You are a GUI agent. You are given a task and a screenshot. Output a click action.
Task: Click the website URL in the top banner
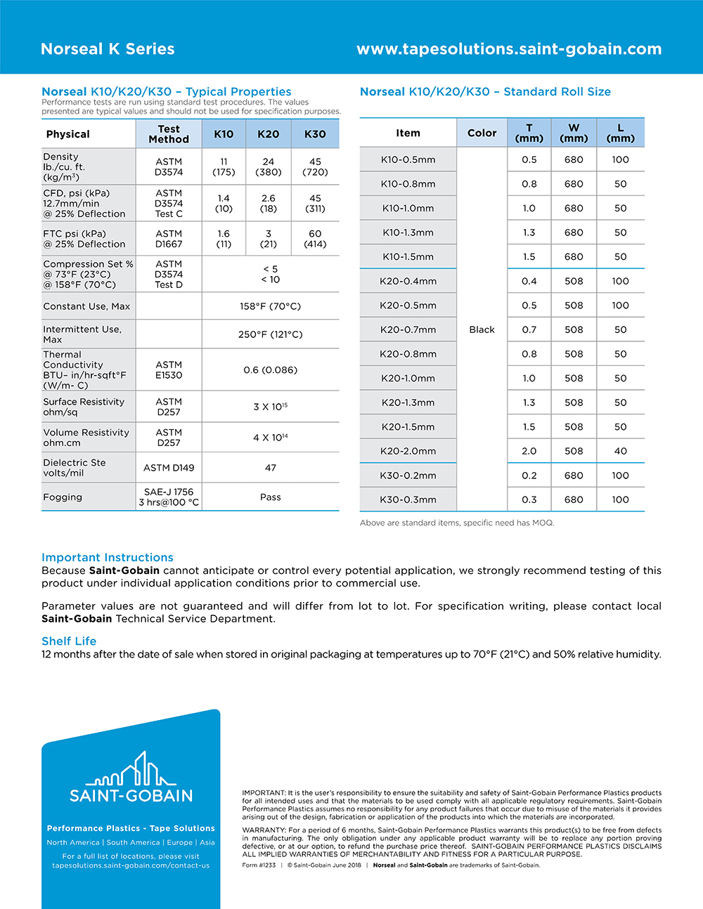[x=509, y=49]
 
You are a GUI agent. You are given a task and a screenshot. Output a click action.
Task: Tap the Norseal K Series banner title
[x=108, y=49]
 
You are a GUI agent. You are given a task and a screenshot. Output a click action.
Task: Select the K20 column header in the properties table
[x=269, y=134]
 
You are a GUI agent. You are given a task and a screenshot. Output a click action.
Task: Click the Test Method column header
[x=169, y=134]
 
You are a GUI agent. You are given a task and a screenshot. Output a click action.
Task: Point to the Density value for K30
[x=315, y=166]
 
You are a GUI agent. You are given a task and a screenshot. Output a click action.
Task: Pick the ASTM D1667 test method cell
[x=169, y=239]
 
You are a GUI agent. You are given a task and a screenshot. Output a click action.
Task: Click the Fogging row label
[x=63, y=497]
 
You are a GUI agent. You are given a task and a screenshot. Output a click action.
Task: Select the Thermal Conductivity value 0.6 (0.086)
[x=271, y=370]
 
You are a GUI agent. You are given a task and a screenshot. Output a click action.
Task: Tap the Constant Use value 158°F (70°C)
[x=271, y=306]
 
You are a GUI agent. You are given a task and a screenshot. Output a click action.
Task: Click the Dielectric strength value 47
[x=271, y=468]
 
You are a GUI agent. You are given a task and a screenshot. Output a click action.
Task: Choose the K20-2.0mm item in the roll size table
[x=408, y=451]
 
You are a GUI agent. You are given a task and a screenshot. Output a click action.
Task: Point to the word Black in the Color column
[x=482, y=329]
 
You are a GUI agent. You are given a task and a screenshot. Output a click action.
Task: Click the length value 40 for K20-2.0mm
[x=620, y=451]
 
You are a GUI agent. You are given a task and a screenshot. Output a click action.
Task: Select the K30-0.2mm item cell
[x=408, y=476]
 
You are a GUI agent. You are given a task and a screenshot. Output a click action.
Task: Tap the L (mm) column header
[x=620, y=133]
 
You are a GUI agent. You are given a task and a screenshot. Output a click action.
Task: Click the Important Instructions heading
[x=108, y=557]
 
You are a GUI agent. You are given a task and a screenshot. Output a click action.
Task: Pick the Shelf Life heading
[x=69, y=641]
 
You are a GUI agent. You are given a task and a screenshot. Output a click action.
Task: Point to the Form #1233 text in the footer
[x=259, y=865]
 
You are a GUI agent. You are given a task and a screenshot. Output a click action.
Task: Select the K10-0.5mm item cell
[x=408, y=159]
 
